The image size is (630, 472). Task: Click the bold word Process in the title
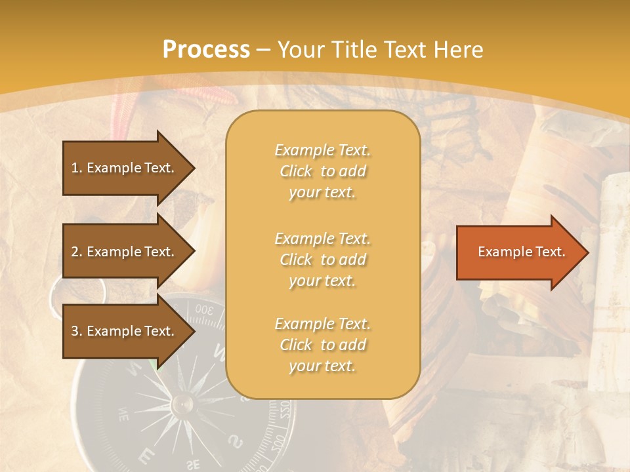coord(206,49)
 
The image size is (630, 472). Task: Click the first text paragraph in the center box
coord(322,171)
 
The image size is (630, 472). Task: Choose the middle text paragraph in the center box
coord(322,260)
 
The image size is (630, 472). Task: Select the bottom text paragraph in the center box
coord(322,345)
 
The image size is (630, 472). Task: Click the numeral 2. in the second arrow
coord(77,252)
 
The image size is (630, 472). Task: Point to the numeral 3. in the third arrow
coord(77,331)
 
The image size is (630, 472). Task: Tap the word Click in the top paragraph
coord(296,171)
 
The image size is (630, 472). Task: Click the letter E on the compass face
coord(150,454)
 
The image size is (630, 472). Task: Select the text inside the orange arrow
coord(522,252)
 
